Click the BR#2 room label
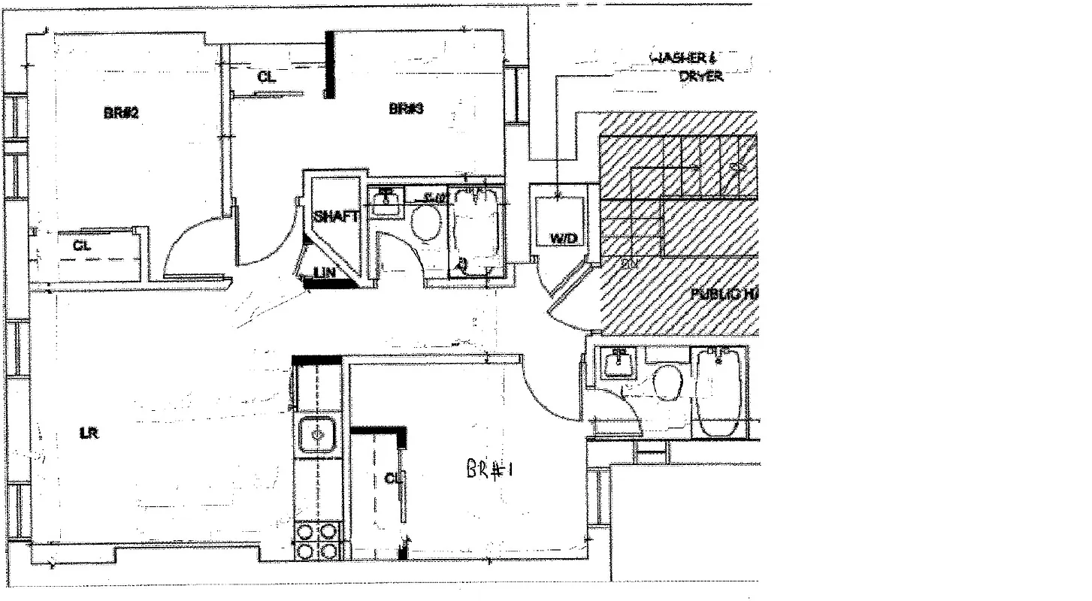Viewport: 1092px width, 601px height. (122, 113)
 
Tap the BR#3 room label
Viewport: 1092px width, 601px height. (407, 109)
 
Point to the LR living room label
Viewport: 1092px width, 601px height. (89, 433)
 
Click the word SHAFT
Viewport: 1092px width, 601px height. (336, 216)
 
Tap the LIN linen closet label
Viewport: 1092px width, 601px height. (325, 273)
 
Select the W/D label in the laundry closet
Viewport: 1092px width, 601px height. (564, 238)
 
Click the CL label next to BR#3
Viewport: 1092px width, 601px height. (266, 77)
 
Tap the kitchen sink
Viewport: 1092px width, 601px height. (317, 435)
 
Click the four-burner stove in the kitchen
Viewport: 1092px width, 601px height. (317, 541)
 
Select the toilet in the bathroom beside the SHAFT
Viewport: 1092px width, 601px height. (427, 222)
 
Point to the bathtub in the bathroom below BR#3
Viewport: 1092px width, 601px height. (475, 229)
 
